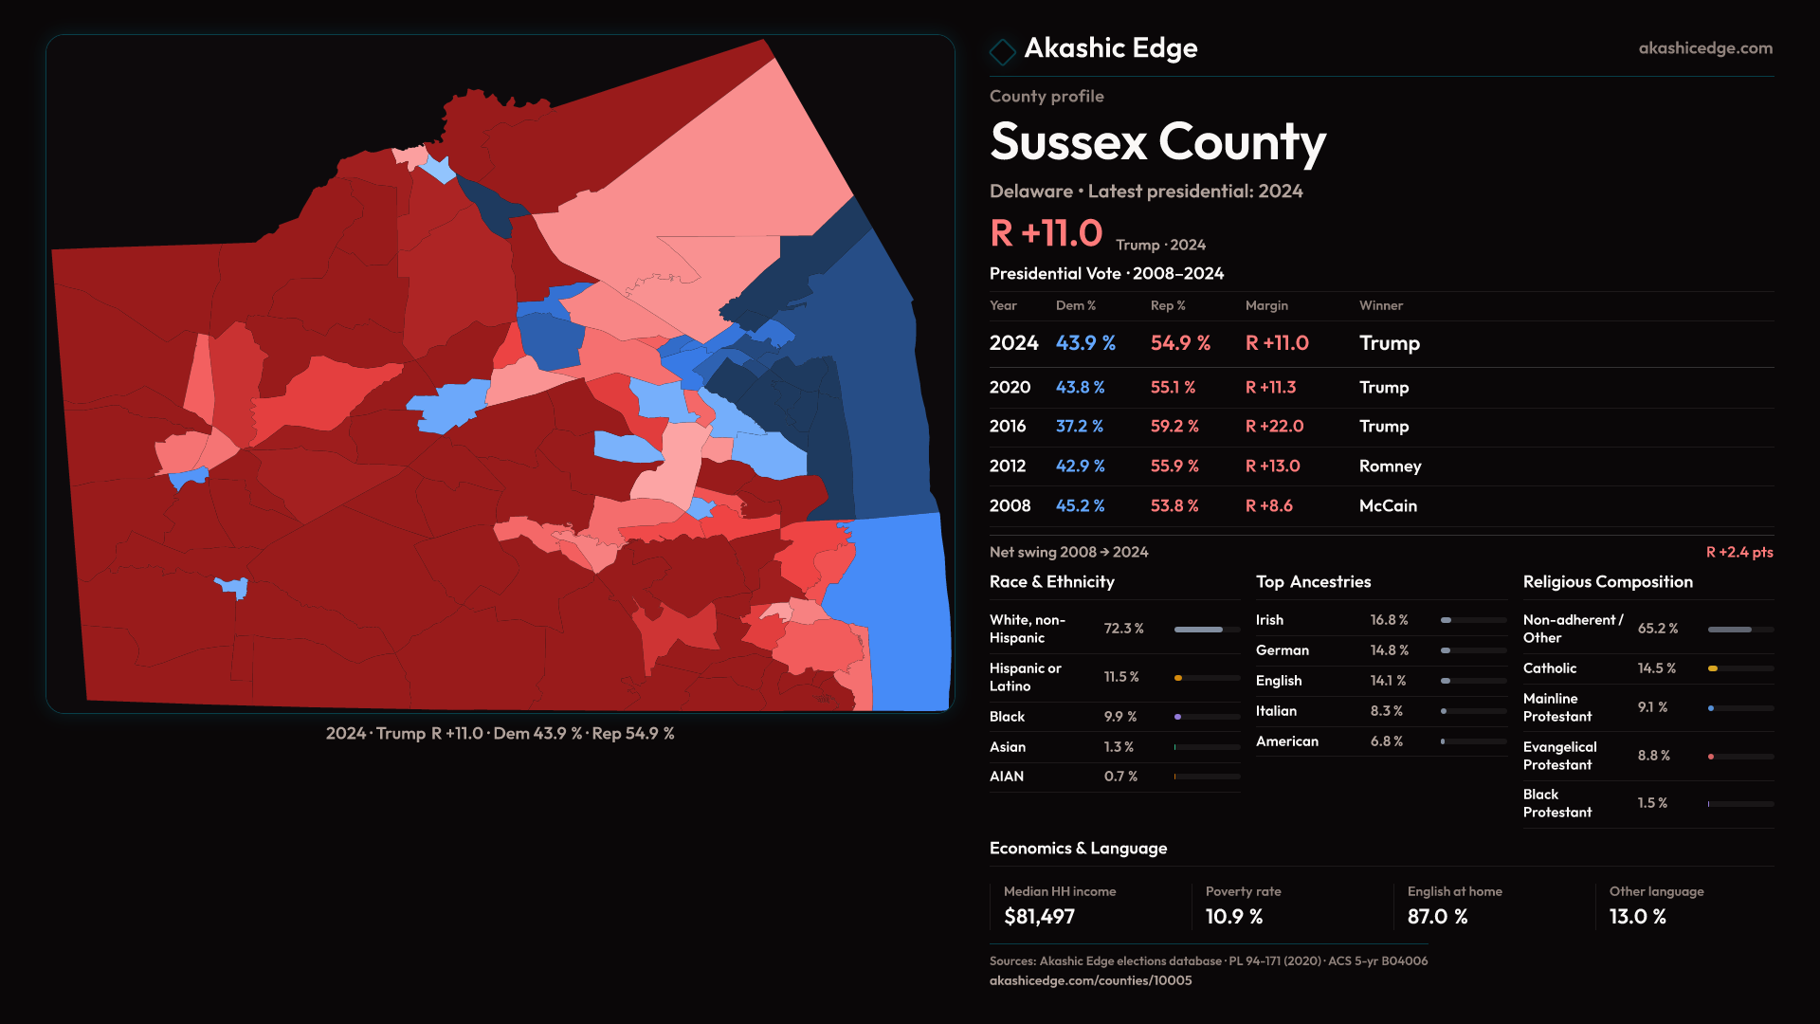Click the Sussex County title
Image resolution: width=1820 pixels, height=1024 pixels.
tap(1157, 142)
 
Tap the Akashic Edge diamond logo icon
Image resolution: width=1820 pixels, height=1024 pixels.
tap(1002, 50)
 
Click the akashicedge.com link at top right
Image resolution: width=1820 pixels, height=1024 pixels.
tap(1704, 48)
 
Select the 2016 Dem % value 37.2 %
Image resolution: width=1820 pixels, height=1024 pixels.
tap(1079, 427)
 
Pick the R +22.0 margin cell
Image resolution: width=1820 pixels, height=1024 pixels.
tap(1274, 427)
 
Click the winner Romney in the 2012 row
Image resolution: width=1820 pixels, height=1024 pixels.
tap(1390, 466)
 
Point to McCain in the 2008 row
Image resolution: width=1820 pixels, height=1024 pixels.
tap(1388, 506)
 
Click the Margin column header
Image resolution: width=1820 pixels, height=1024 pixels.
tap(1266, 305)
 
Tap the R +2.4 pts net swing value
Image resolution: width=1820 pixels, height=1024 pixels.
tap(1738, 552)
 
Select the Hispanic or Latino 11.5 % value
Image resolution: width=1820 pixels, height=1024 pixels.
tap(1121, 677)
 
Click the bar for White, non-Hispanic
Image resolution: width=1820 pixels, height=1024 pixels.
tap(1206, 630)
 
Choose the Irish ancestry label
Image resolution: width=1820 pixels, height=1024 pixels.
tap(1269, 620)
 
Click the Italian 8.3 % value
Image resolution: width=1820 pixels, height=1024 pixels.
tap(1386, 711)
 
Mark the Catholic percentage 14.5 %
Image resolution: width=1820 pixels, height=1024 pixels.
tap(1656, 668)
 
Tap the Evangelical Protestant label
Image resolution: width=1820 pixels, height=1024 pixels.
tap(1559, 756)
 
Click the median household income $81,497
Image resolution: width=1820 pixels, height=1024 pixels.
tap(1039, 917)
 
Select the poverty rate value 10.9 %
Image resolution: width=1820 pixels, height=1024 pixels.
tap(1233, 917)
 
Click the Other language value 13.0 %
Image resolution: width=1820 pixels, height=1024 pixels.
tap(1637, 917)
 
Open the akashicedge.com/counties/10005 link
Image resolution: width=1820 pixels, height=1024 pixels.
tap(1090, 980)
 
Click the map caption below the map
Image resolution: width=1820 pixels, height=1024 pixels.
tap(500, 734)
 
